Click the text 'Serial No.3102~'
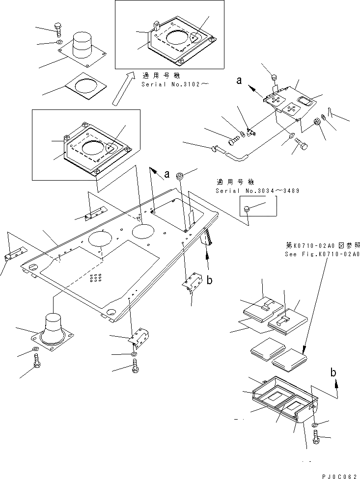click(175, 84)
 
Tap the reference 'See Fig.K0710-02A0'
click(322, 254)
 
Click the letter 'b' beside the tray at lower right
click(334, 373)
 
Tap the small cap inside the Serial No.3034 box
click(249, 210)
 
